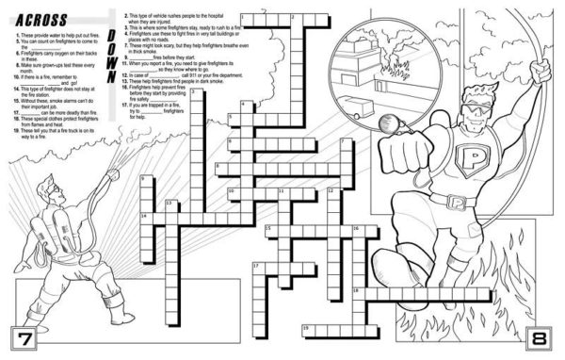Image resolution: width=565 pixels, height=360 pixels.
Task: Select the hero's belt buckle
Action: tap(458, 202)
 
